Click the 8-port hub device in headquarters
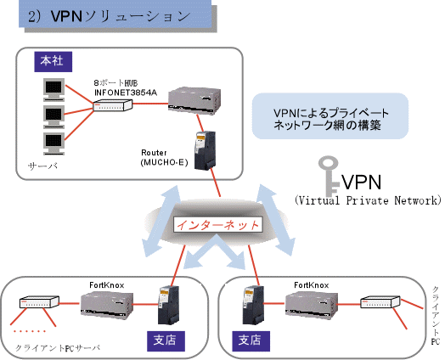tap(113, 105)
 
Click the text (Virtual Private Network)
tap(367, 201)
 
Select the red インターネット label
tap(217, 225)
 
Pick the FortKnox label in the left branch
tap(107, 284)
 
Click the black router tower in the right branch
tap(251, 305)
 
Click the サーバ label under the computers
tap(42, 166)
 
